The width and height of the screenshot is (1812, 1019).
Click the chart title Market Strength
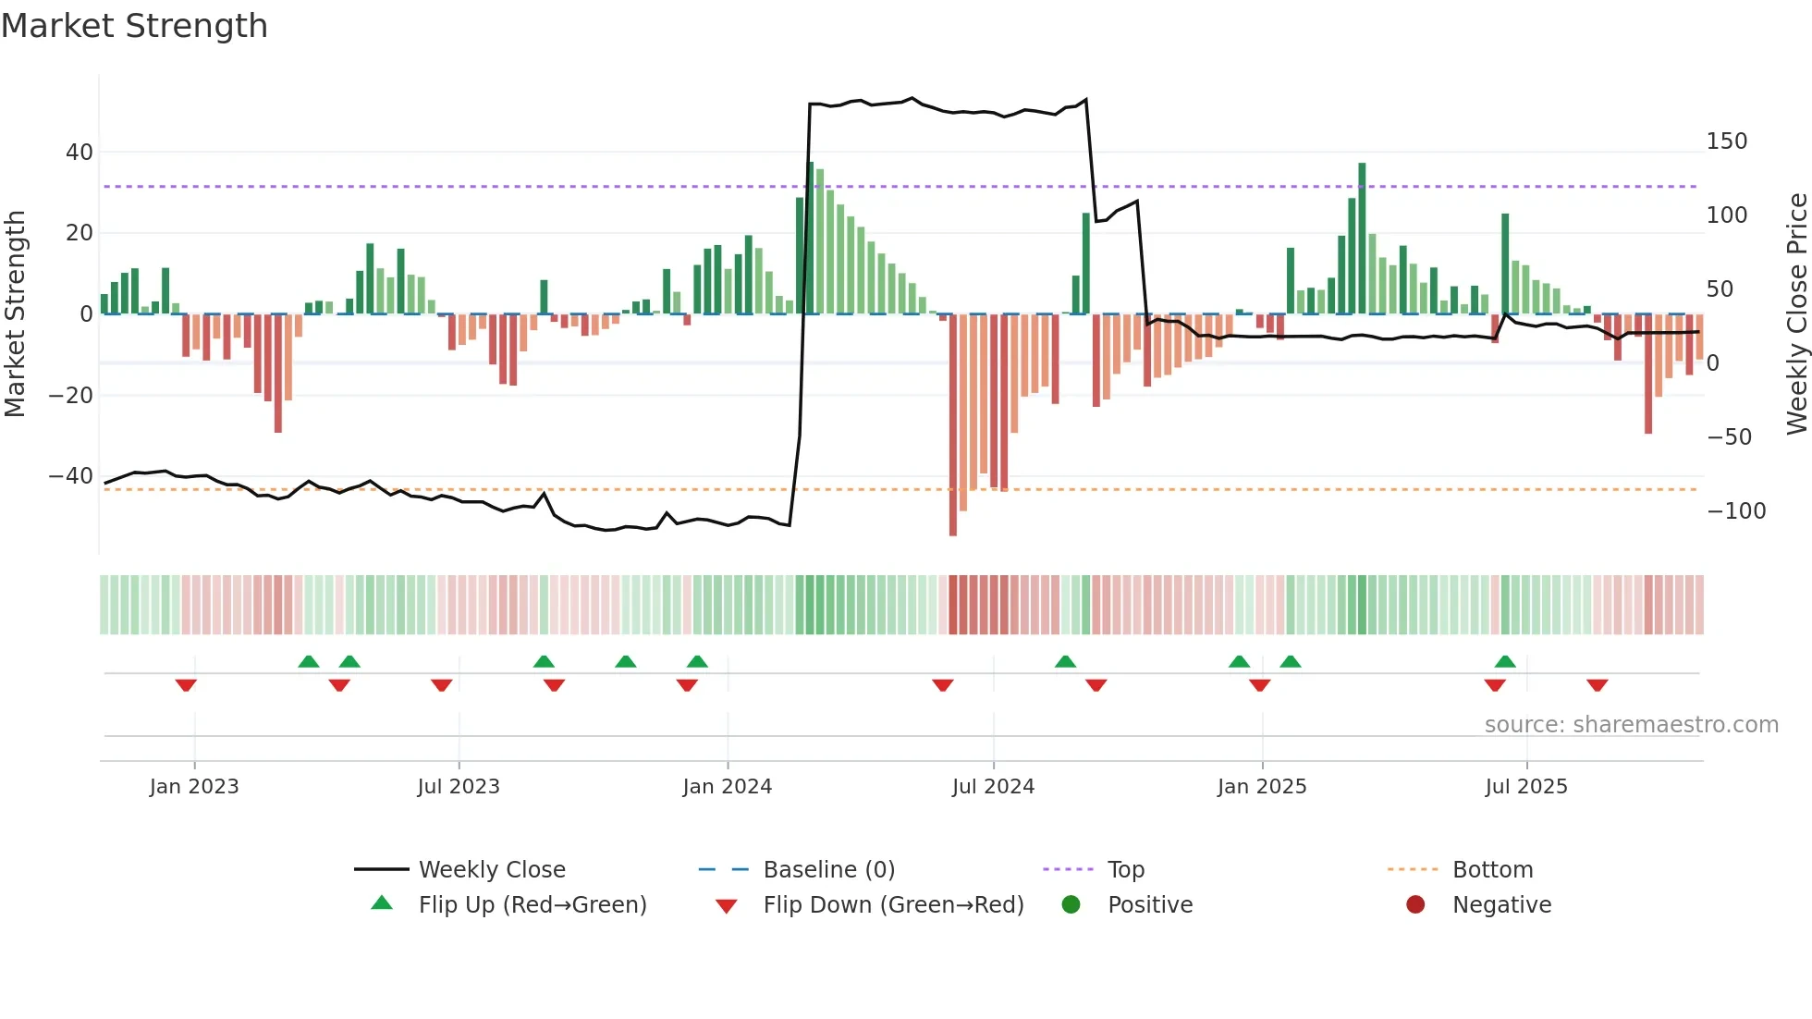point(134,26)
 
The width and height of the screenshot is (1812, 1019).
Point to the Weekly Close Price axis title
point(1796,313)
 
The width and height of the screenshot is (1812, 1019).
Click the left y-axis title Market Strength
point(15,313)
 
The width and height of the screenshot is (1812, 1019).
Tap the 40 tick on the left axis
point(80,152)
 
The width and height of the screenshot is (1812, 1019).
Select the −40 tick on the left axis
point(71,476)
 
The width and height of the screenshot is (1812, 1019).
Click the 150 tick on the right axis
point(1726,141)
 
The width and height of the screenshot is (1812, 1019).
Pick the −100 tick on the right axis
point(1735,510)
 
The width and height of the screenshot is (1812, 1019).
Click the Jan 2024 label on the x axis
point(727,787)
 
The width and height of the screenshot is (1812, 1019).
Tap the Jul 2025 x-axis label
point(1525,787)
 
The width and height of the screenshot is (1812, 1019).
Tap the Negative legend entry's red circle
point(1414,904)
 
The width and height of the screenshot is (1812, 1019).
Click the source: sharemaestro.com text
point(1631,725)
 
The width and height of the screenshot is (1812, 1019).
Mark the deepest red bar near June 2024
point(953,425)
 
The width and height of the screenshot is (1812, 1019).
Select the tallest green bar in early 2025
point(1362,239)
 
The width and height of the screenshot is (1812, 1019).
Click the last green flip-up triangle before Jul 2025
point(1505,662)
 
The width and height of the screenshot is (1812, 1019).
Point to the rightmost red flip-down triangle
point(1598,685)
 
